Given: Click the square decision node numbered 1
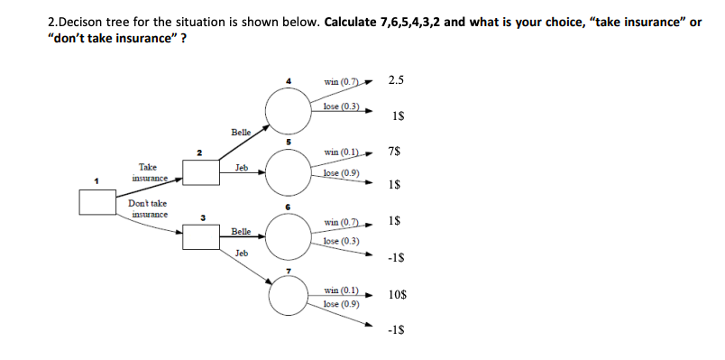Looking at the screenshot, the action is (x=97, y=202).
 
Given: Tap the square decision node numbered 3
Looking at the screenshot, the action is (x=202, y=237).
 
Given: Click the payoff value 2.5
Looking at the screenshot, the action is (x=396, y=81).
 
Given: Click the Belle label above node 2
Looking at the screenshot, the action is (x=241, y=132).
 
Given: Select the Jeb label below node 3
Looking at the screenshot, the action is (x=241, y=254).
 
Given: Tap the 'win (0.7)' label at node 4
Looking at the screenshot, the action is (x=342, y=84).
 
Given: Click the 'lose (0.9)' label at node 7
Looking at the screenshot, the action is (x=342, y=303).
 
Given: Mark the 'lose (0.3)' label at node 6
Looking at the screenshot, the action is (x=342, y=241).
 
